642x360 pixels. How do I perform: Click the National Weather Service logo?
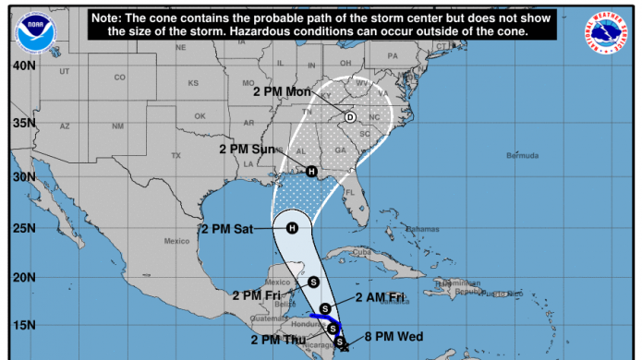pyautogui.click(x=605, y=33)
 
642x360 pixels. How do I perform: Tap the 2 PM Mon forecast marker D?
pyautogui.click(x=350, y=117)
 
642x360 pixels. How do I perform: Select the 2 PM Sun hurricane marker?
pyautogui.click(x=311, y=171)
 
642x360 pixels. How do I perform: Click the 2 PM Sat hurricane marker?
pyautogui.click(x=293, y=228)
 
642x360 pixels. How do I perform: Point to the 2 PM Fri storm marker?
pyautogui.click(x=313, y=282)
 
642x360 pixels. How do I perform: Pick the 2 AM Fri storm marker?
pyautogui.click(x=325, y=307)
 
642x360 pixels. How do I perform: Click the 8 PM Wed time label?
pyautogui.click(x=395, y=337)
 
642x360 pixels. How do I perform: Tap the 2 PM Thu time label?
pyautogui.click(x=277, y=340)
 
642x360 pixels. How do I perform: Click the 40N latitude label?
pyautogui.click(x=23, y=66)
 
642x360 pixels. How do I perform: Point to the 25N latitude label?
pyautogui.click(x=23, y=227)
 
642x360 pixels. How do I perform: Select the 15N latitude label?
pyautogui.click(x=23, y=324)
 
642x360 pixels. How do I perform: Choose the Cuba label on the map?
pyautogui.click(x=360, y=251)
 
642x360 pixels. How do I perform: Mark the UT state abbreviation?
pyautogui.click(x=64, y=72)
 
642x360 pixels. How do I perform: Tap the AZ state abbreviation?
pyautogui.click(x=64, y=126)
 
